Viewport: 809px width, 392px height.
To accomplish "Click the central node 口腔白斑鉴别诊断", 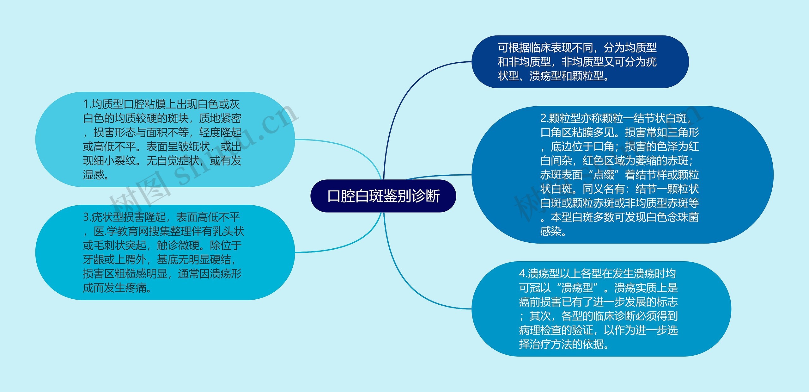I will coord(383,196).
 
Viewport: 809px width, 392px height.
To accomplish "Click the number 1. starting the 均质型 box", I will coord(87,104).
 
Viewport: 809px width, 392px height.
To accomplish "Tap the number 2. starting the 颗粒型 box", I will coord(544,118).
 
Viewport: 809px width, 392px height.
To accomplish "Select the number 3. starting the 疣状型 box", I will coord(87,217).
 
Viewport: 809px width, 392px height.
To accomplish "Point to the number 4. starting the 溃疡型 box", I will coord(523,274).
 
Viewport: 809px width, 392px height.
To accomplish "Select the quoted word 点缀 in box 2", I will coord(604,175).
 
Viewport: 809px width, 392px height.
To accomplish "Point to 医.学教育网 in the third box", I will coord(121,232).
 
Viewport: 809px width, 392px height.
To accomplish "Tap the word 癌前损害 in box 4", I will coord(540,302).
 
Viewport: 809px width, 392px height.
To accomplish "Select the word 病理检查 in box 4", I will coord(540,330).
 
